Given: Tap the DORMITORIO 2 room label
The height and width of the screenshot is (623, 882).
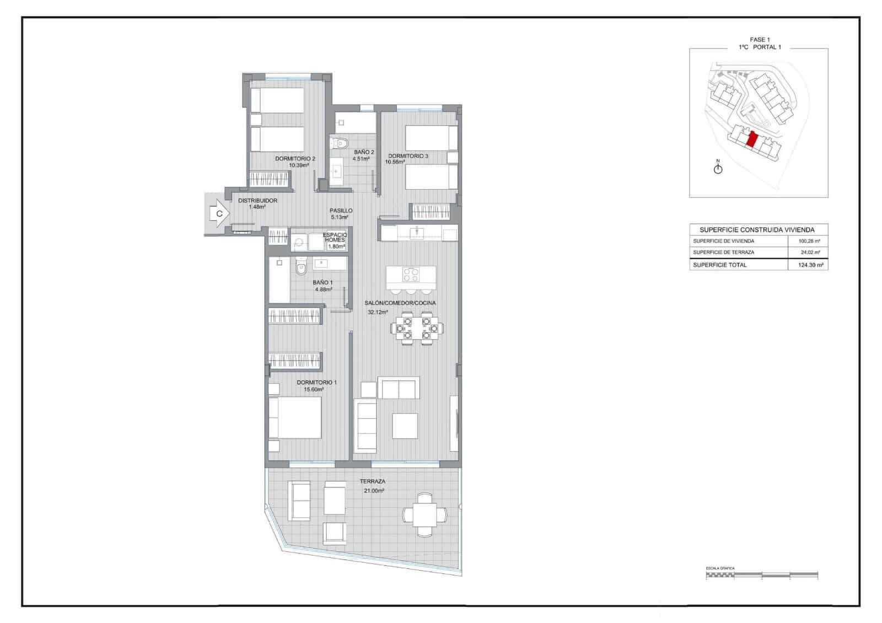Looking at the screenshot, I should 295,159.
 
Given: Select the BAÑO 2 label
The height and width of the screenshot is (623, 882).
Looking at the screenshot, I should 364,152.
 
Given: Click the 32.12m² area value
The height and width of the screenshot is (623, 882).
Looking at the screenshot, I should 378,312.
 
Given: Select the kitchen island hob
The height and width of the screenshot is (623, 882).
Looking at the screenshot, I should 411,274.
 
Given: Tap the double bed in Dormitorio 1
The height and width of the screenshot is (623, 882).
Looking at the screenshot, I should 295,417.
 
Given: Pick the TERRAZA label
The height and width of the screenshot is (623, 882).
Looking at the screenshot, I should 373,481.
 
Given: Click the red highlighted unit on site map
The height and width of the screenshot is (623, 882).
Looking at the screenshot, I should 751,139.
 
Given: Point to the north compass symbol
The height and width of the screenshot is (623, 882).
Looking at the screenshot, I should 718,168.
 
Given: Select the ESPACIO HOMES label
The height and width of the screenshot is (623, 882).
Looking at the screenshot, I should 335,238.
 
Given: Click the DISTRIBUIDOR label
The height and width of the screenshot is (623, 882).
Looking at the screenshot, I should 257,201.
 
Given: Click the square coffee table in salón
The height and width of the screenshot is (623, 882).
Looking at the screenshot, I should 405,426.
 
